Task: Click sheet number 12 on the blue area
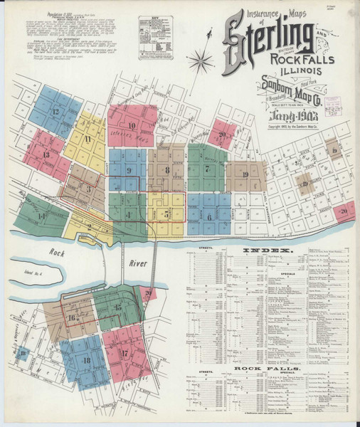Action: coord(55,112)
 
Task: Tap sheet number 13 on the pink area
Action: coord(46,154)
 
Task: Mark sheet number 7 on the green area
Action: coord(207,169)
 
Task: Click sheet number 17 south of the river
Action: coord(124,352)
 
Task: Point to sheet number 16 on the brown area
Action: coord(72,317)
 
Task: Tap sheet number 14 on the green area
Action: coord(42,215)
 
